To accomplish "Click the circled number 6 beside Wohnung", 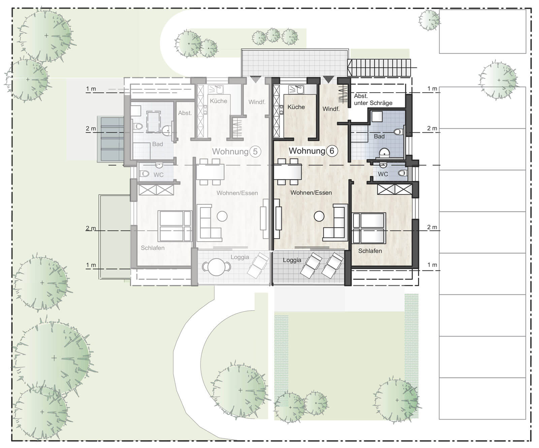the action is (x=332, y=151).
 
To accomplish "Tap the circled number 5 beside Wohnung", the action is (x=255, y=152).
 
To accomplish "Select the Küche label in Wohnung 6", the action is (x=296, y=107).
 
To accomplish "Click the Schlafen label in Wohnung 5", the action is (x=153, y=248).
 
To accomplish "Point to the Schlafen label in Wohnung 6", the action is (x=370, y=251).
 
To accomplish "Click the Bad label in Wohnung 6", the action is (x=379, y=136).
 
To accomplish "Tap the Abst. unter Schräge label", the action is (x=373, y=100).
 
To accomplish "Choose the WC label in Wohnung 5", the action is (x=158, y=175).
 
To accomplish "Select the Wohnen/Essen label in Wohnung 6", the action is (x=311, y=193).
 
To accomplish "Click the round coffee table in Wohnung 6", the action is (x=319, y=216).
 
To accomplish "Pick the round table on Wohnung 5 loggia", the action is (x=216, y=267).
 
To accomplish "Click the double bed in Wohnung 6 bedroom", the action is (x=369, y=228).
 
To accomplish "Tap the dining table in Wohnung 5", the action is (x=210, y=172).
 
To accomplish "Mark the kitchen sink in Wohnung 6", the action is (x=296, y=89).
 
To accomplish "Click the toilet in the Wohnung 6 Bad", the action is (x=399, y=131).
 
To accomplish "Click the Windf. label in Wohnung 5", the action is (x=257, y=102).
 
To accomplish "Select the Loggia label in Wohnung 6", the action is (x=292, y=260).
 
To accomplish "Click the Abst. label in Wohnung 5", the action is (x=185, y=113).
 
